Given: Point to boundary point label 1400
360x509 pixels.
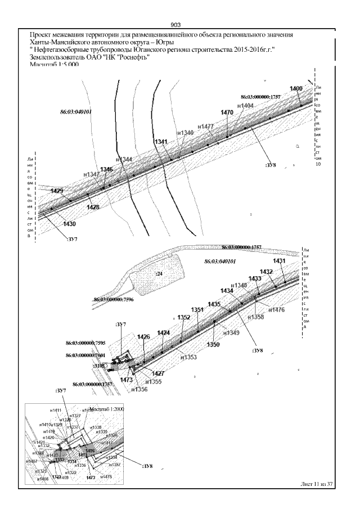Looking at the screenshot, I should tap(296, 89).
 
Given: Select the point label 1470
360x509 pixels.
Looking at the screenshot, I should tap(227, 113).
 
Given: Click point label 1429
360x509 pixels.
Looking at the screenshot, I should tap(57, 191).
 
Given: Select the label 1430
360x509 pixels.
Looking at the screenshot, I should tap(69, 224).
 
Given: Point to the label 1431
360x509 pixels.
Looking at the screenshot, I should tap(279, 262).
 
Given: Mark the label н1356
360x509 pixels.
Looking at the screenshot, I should tap(139, 389).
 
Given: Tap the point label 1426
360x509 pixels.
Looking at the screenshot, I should tap(144, 337).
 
